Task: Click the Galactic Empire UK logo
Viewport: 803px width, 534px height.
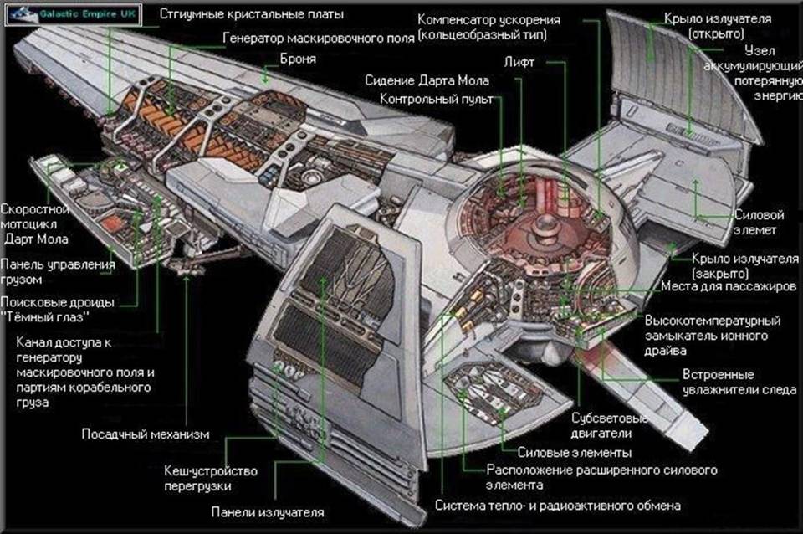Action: click(74, 13)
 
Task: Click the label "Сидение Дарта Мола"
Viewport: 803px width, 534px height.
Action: click(427, 80)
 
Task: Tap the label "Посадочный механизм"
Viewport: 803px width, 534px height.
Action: click(145, 434)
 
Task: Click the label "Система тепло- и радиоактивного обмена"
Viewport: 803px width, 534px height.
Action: click(557, 506)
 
